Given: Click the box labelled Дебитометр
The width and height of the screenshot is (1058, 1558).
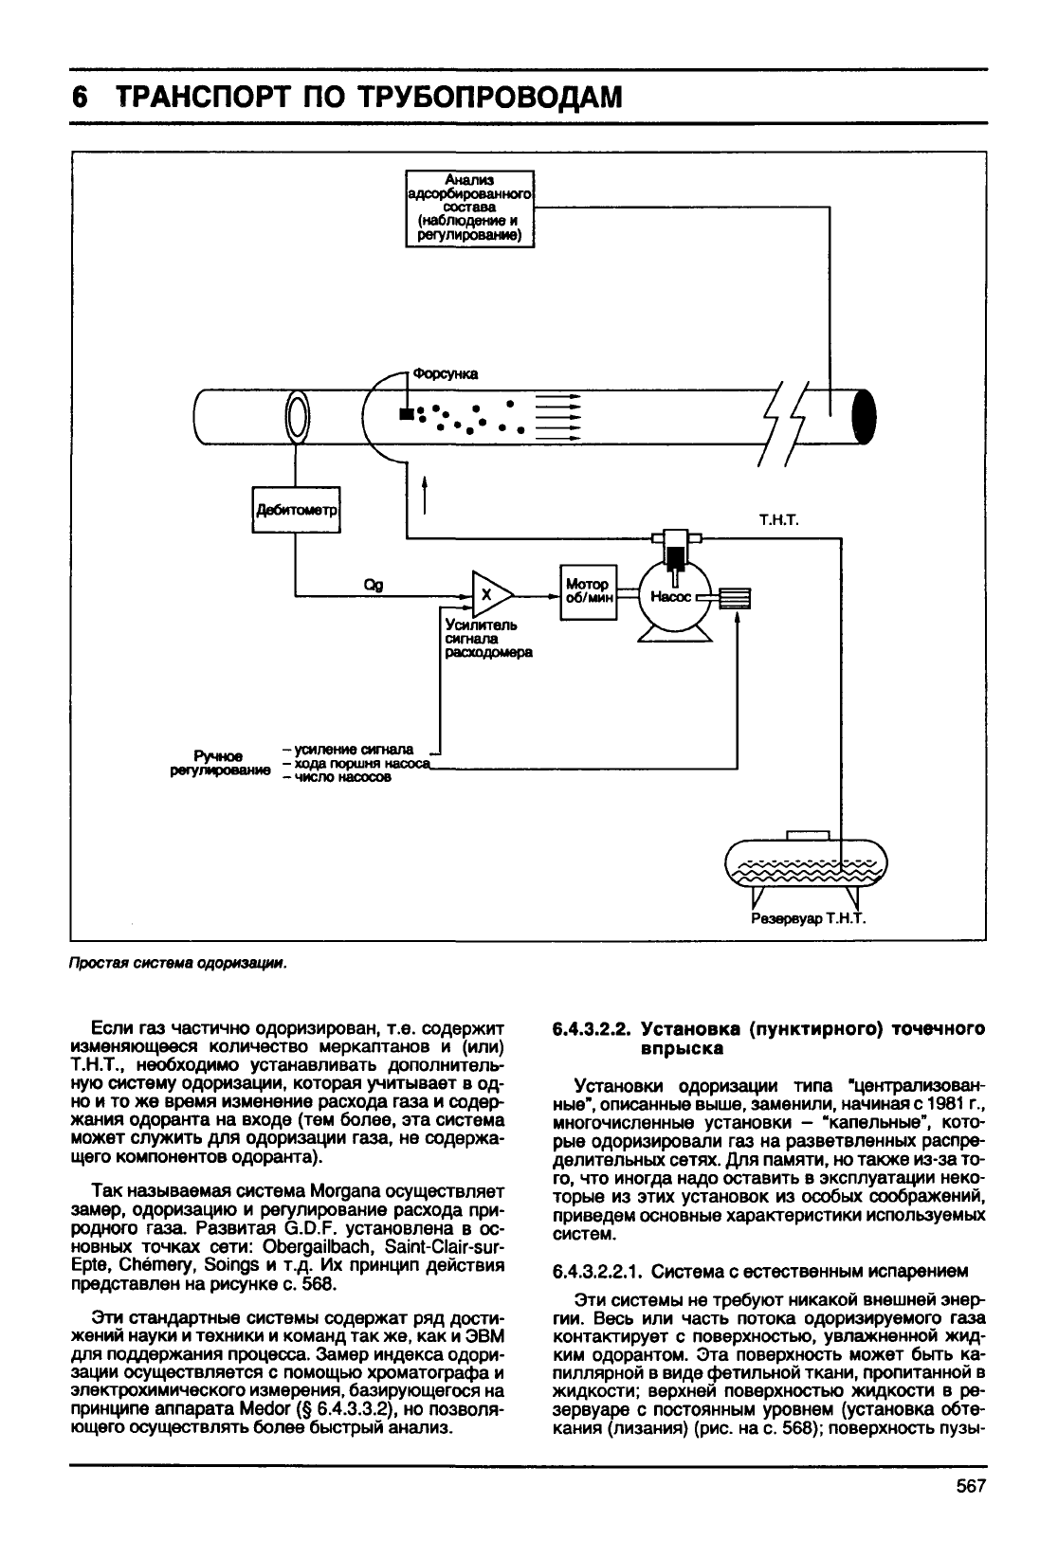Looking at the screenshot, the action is tap(297, 510).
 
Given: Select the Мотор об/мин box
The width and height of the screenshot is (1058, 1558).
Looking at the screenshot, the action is tap(589, 592).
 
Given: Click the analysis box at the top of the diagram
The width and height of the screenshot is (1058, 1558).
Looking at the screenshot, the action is tap(470, 208).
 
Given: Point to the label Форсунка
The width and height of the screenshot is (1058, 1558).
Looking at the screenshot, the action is tap(446, 374).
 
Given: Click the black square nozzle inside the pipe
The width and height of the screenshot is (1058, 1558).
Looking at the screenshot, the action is tap(406, 414).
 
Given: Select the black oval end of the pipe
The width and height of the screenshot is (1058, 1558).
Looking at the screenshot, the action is tap(864, 417).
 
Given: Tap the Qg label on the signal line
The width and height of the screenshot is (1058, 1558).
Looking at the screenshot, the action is tap(374, 586).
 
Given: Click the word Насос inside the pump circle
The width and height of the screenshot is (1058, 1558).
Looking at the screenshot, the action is tap(670, 597).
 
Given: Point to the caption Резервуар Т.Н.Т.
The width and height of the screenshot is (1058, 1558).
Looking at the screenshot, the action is tap(809, 919).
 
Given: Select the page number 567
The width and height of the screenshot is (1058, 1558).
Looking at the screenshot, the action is tap(971, 1486).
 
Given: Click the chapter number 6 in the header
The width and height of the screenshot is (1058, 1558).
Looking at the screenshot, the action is tap(80, 98).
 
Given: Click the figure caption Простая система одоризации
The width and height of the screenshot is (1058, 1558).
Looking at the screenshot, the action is tap(178, 963).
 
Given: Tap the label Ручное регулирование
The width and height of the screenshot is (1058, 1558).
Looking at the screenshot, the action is tap(220, 763).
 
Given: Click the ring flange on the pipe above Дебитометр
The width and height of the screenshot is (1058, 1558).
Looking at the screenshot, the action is tap(297, 417).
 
